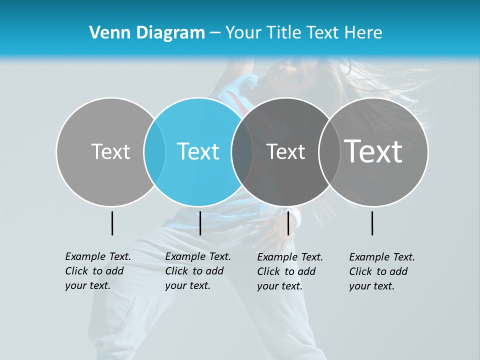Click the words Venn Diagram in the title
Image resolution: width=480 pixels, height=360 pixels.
(147, 32)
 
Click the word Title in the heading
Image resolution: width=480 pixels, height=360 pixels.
(283, 32)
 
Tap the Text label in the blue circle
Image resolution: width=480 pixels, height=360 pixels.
(198, 151)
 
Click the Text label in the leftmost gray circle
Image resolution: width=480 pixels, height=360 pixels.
(110, 151)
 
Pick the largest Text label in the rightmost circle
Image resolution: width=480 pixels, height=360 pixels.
(373, 151)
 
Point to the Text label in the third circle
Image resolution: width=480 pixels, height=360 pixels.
(285, 151)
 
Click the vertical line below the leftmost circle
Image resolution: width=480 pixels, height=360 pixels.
(112, 223)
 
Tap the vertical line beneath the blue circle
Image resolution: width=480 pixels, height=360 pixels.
(200, 223)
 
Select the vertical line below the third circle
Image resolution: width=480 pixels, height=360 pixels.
(288, 223)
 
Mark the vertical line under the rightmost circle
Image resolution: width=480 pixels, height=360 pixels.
(372, 223)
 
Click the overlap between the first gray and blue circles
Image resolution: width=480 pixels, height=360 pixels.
(154, 151)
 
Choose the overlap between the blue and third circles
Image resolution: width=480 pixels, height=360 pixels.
(242, 151)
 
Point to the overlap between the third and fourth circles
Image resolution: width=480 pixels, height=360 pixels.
(328, 151)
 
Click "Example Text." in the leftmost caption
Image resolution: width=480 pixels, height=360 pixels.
(98, 256)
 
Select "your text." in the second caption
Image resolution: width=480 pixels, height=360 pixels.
(187, 285)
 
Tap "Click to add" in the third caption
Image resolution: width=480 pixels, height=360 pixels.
(286, 271)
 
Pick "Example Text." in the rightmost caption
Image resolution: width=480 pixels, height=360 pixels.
(382, 257)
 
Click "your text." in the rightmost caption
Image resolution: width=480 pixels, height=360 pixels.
(371, 286)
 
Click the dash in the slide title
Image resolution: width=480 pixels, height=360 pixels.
(215, 33)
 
